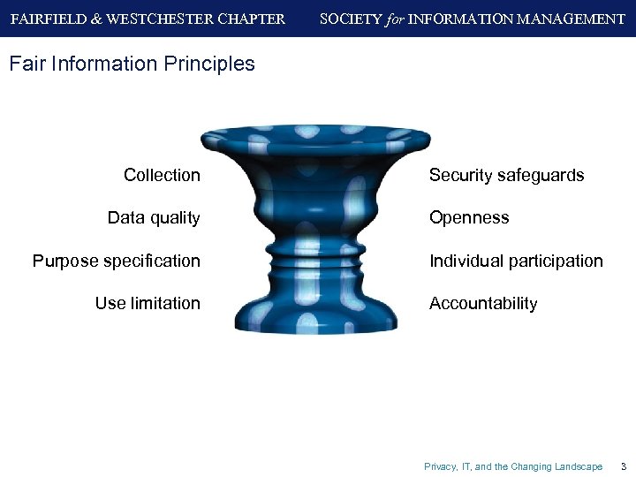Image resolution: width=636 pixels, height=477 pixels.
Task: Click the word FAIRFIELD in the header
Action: coord(46,19)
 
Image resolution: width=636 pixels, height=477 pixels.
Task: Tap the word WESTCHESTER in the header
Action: coord(155,19)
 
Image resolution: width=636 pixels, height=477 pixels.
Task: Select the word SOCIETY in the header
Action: coord(351,19)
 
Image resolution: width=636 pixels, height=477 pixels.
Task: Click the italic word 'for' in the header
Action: coord(395,19)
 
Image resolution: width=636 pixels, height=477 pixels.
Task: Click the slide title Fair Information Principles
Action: coord(131,64)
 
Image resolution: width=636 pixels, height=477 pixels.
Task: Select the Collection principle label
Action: coord(162,175)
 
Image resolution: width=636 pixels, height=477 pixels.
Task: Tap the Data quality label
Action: coord(154,217)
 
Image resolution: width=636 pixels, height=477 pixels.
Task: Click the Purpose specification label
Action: coord(116,261)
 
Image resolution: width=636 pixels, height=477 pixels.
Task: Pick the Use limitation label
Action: coord(148,303)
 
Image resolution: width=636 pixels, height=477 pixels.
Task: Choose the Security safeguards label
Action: coord(506,175)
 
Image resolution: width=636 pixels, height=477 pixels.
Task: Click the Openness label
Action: coord(469,217)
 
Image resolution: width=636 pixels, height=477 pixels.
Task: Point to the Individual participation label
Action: coord(516,261)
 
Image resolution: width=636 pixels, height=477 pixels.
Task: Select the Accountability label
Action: coord(483,303)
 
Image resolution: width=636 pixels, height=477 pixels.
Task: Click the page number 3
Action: coord(623,466)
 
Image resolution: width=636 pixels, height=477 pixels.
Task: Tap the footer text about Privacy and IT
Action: coord(513,466)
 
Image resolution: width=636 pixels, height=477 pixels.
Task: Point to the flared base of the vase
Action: coord(314,318)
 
